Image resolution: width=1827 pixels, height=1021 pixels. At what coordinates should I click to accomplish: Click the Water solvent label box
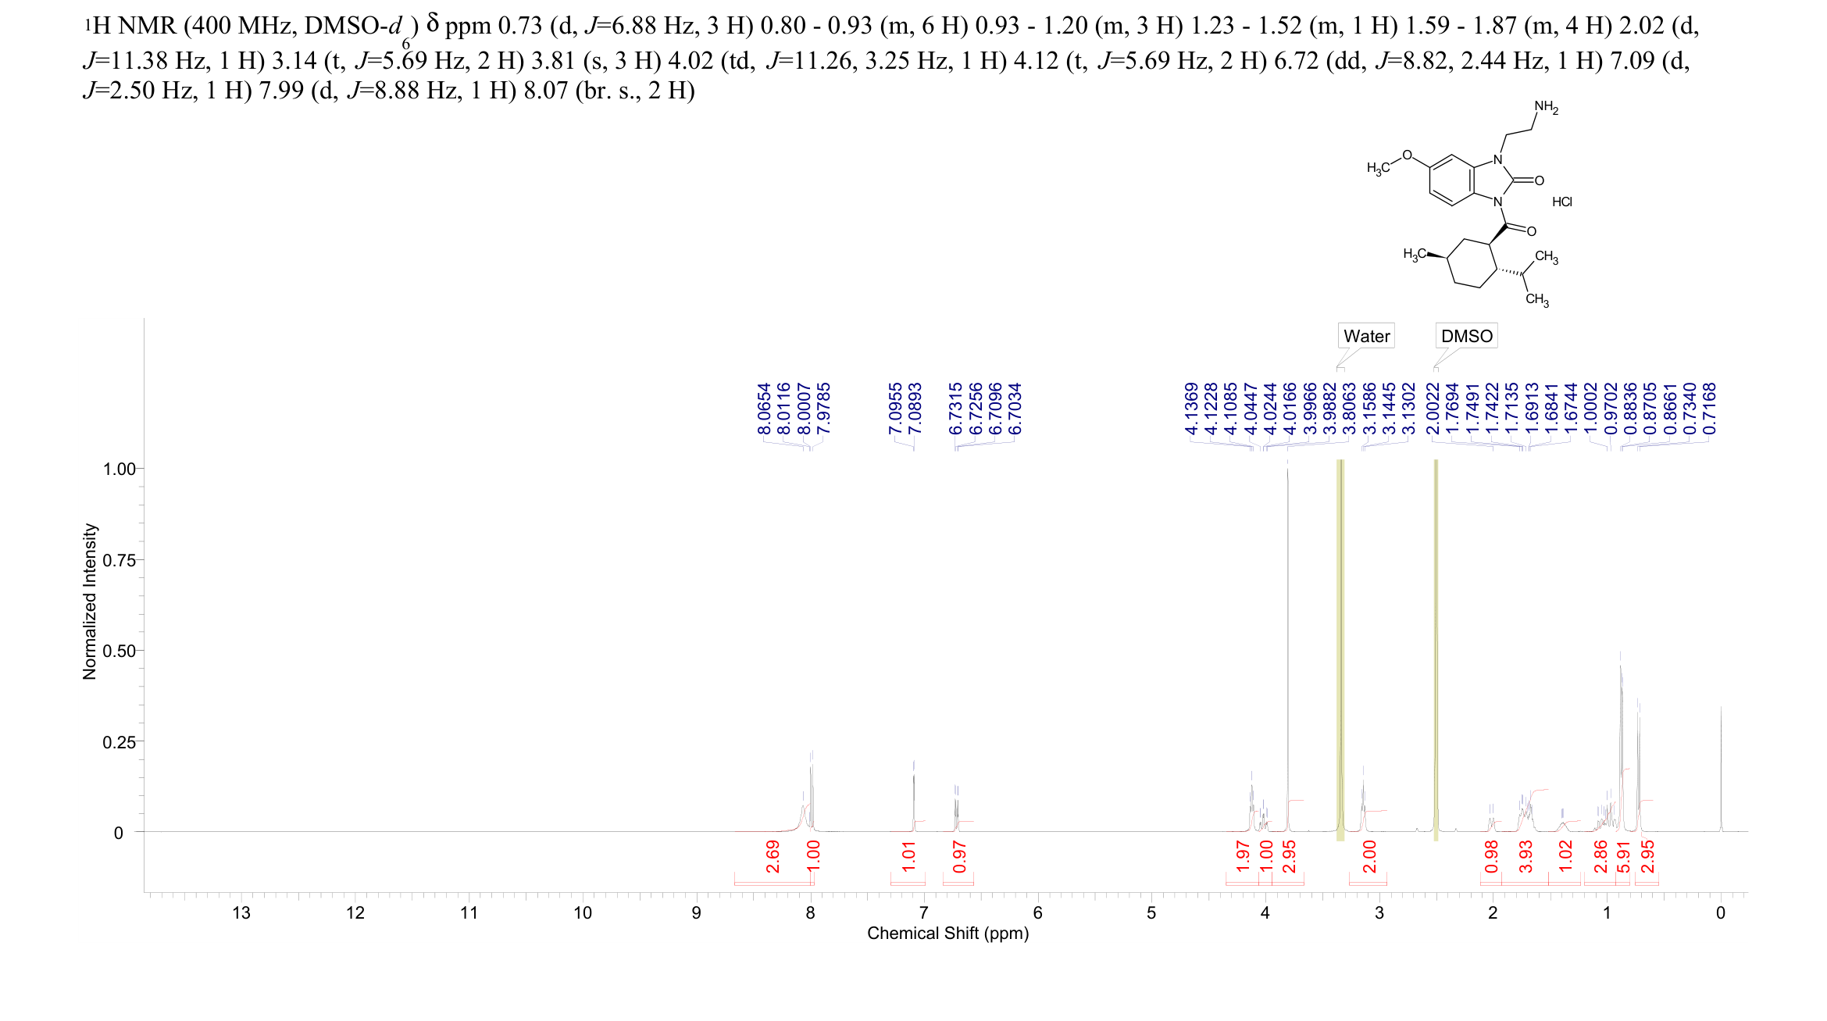click(x=1366, y=336)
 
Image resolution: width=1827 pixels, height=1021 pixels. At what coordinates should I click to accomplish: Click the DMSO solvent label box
click(x=1466, y=336)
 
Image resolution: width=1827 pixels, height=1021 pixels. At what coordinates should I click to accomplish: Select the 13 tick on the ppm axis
click(x=241, y=912)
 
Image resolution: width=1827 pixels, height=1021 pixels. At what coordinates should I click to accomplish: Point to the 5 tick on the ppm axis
click(x=1151, y=912)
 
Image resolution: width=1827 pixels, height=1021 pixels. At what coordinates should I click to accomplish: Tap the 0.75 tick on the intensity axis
click(x=118, y=560)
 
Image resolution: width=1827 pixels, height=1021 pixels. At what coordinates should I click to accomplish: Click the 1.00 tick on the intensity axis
click(x=118, y=469)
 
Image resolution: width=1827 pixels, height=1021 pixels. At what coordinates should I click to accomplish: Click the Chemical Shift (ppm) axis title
click(x=947, y=933)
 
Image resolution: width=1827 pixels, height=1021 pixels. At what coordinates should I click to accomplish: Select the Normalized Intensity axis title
click(x=90, y=602)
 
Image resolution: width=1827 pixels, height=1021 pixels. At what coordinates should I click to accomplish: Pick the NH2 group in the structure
click(x=1546, y=107)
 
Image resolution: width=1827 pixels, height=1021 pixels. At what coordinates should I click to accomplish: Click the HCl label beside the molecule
click(x=1561, y=202)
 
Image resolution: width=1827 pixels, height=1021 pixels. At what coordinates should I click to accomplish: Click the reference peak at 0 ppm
click(x=1721, y=766)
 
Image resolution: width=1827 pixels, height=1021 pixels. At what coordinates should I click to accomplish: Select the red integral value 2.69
click(x=773, y=857)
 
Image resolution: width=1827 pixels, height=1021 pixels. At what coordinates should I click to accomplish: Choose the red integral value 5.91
click(x=1623, y=857)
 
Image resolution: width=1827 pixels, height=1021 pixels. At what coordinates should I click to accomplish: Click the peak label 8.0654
click(x=764, y=409)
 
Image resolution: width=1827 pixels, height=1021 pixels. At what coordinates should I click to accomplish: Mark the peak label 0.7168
click(x=1710, y=409)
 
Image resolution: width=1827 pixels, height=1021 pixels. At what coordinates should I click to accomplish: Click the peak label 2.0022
click(x=1433, y=409)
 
